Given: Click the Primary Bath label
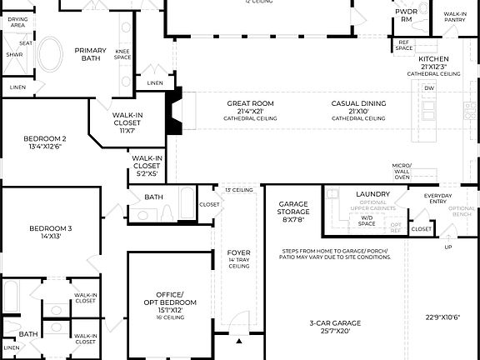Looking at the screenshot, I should (x=90, y=55).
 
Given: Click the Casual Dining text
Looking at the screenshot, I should (x=358, y=107).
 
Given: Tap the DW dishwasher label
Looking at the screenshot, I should (x=428, y=87).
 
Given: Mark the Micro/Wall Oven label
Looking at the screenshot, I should (x=402, y=172).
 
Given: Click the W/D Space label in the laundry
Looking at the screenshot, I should (x=367, y=222).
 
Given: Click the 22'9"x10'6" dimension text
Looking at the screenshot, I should (x=443, y=317).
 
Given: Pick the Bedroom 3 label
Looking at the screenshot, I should (x=51, y=232).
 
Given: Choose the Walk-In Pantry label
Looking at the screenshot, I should (x=455, y=17).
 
